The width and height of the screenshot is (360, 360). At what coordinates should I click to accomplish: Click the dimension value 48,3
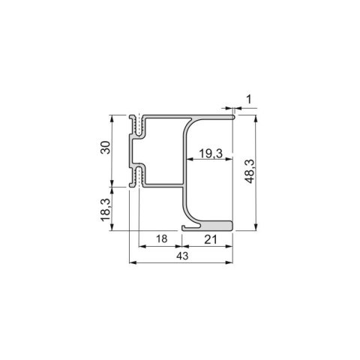point(250,171)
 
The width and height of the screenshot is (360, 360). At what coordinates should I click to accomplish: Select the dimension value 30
point(106,148)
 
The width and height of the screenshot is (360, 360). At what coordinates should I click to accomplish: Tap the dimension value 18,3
point(106,209)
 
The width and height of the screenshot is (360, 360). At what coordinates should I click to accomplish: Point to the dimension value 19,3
point(211,153)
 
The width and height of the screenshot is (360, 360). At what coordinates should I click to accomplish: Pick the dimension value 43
point(182,256)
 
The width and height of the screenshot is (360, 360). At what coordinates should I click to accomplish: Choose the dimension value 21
point(211,240)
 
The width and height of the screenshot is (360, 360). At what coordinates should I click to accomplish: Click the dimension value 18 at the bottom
point(162,238)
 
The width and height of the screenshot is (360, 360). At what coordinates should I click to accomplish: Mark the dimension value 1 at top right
point(249,100)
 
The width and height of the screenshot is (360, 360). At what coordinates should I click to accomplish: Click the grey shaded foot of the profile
point(217,226)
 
